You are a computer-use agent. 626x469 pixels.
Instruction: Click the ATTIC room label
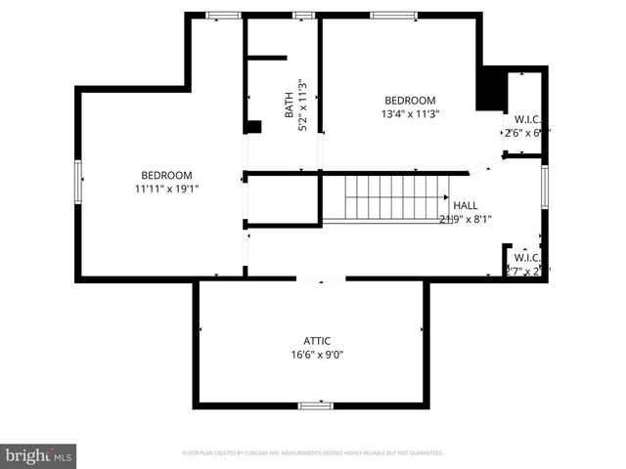point(316,341)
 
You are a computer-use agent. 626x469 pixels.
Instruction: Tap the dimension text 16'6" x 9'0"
point(316,355)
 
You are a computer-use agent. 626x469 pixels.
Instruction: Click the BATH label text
point(290,105)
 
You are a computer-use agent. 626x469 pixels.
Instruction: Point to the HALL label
point(465,206)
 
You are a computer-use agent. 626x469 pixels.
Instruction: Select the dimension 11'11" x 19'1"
point(165,189)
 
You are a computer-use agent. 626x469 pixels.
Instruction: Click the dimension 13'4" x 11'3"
point(410,113)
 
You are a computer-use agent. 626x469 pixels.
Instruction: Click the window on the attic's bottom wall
point(315,405)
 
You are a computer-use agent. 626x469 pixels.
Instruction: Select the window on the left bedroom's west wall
point(79,184)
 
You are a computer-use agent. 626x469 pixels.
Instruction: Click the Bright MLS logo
point(39,455)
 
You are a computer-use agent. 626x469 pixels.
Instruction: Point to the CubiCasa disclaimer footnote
point(313,453)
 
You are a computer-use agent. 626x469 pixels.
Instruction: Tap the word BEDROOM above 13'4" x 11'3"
point(410,101)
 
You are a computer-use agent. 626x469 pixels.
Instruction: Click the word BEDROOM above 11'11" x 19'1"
point(165,175)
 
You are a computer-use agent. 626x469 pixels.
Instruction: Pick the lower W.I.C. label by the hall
point(526,258)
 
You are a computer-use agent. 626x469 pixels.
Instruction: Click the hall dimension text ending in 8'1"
point(465,219)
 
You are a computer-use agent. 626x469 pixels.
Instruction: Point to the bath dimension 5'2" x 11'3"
point(302,105)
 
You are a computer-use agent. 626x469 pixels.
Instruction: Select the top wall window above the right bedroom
point(394,15)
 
